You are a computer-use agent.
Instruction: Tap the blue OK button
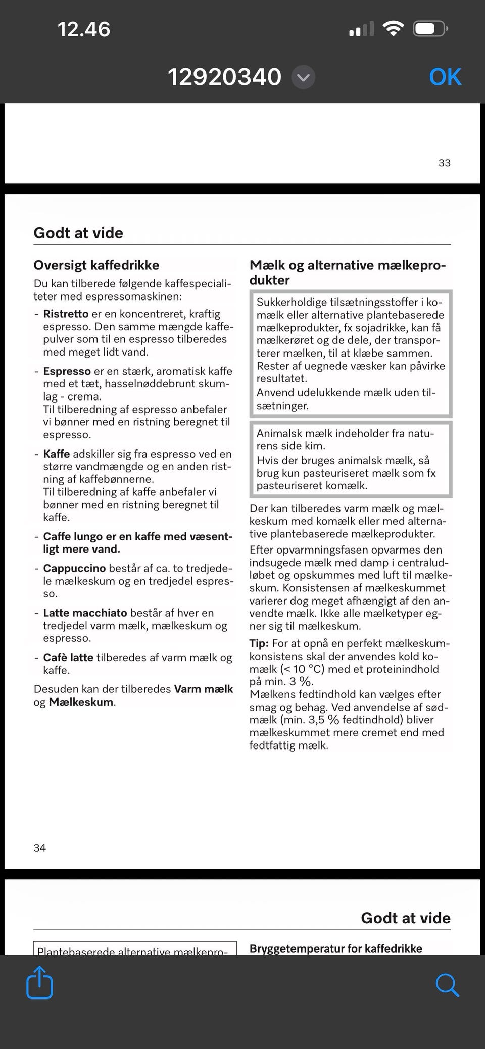pos(445,77)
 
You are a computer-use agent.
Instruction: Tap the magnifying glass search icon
pos(447,985)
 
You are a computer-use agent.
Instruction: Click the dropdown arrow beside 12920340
pos(304,78)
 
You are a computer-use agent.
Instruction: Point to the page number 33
pos(444,163)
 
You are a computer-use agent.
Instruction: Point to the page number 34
pos(40,847)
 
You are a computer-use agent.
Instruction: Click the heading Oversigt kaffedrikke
pos(96,265)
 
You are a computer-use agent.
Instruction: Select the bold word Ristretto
pos(66,314)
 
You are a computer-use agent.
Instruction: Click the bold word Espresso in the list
pos(67,371)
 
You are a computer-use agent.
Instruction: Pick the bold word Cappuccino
pos(74,568)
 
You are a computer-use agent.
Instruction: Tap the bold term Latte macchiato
pos(85,613)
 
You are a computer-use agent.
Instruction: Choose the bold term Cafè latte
pos(68,657)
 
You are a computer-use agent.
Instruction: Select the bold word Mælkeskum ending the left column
pos(81,702)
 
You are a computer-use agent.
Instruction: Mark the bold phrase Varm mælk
pos(204,689)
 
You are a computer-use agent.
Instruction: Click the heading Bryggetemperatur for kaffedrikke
pos(335,948)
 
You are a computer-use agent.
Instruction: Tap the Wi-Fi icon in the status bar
pos(393,28)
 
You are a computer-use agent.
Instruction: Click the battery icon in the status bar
pos(430,29)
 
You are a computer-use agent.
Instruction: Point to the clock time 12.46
pos(83,29)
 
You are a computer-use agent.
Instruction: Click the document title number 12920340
pos(224,77)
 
